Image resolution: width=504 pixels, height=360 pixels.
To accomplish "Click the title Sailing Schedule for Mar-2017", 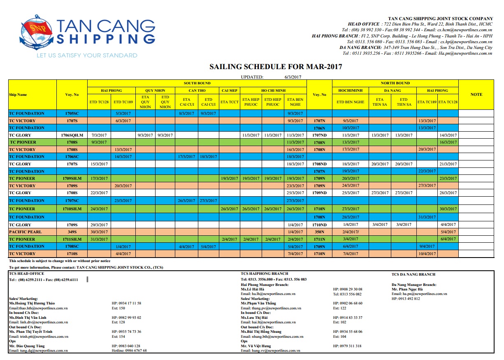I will click(276, 67).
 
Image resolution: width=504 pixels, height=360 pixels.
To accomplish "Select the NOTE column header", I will click(476, 94).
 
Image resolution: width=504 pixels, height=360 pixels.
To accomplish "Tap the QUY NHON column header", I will click(155, 90).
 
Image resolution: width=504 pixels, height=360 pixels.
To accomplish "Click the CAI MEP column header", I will click(230, 90).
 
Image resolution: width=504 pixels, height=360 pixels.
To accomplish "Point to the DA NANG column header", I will click(392, 90).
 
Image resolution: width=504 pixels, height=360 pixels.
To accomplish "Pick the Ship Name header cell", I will click(18, 95).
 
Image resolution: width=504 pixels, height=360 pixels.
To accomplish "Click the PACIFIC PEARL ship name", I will click(23, 232).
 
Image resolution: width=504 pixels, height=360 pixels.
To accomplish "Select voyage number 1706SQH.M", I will click(72, 135).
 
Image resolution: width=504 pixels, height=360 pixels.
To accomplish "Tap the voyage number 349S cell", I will click(72, 232).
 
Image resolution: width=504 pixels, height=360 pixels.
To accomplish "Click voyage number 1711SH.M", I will click(72, 239).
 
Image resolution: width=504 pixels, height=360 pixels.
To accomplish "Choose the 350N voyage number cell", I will click(319, 232).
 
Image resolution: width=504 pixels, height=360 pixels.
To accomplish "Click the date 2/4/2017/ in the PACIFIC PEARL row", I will click(351, 232).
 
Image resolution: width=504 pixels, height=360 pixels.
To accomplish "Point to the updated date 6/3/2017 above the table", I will click(293, 77).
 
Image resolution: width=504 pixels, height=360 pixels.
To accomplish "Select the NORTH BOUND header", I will click(395, 83).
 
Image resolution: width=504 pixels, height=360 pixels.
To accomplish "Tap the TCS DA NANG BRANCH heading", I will click(413, 274).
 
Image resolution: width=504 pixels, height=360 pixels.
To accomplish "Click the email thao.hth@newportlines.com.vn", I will click(38, 308).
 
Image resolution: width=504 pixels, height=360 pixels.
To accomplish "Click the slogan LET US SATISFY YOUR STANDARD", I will click(86, 55).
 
